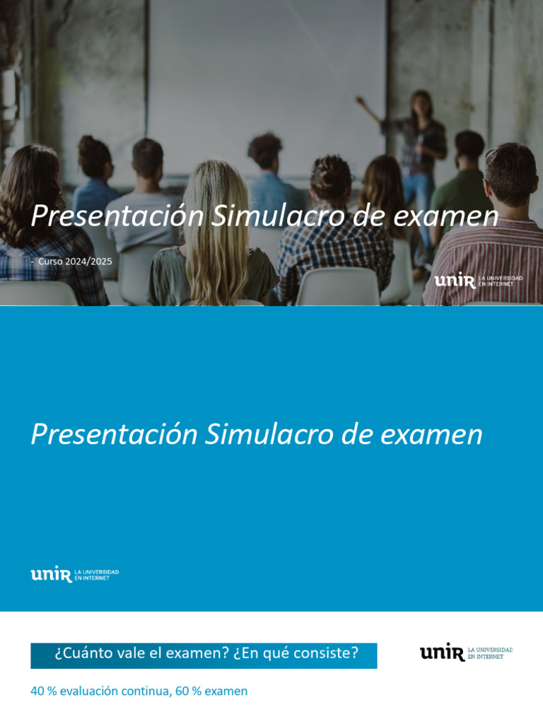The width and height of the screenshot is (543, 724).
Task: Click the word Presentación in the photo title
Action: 117,216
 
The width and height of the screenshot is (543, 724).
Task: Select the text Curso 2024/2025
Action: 75,262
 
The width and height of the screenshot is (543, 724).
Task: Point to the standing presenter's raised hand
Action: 360,100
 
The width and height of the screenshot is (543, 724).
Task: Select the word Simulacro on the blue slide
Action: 269,434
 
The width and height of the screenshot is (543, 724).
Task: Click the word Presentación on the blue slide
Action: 114,434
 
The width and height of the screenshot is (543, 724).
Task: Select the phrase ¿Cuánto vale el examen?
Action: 141,653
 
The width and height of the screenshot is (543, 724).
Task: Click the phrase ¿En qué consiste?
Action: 296,653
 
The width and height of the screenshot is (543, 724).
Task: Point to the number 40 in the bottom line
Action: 37,691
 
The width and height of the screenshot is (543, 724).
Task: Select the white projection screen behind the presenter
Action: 269,78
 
